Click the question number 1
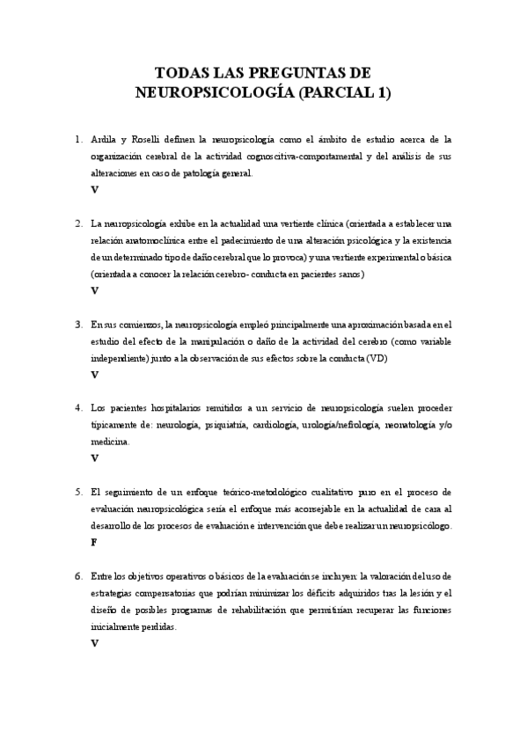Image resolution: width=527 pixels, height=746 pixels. (x=78, y=139)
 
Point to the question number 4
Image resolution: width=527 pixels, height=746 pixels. (x=78, y=407)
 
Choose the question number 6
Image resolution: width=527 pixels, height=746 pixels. (x=78, y=575)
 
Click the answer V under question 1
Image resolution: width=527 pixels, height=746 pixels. (x=94, y=189)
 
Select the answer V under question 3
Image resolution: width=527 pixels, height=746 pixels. (x=94, y=375)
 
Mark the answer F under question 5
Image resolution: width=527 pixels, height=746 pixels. (x=94, y=543)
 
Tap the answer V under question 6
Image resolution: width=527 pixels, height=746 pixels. (x=94, y=643)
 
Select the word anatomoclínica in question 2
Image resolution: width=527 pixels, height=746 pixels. (x=158, y=240)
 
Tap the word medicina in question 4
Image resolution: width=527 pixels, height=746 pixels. (x=110, y=442)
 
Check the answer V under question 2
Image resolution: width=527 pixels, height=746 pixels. (x=94, y=290)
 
